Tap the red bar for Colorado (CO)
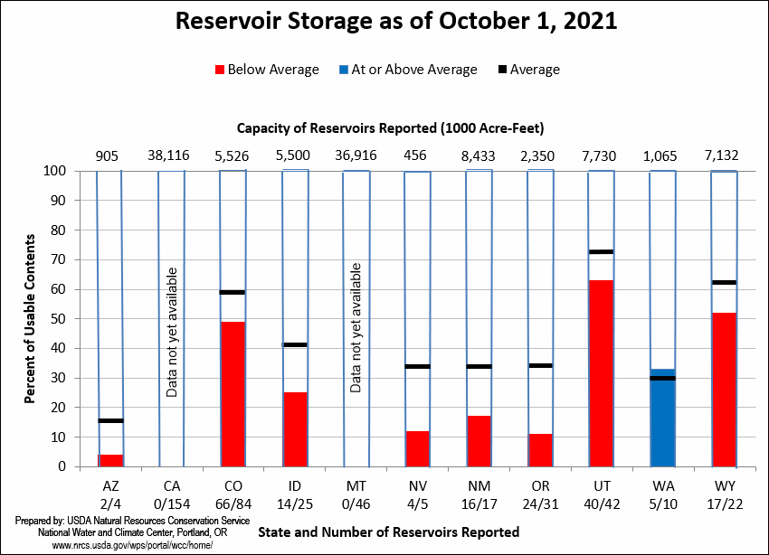(233, 394)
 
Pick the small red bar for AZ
(110, 460)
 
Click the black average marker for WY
(724, 282)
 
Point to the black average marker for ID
(295, 344)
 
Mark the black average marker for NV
(417, 366)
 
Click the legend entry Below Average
(266, 70)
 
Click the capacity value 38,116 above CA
(171, 155)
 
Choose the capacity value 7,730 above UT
(601, 155)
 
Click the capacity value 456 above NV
(417, 155)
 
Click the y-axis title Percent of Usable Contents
(31, 318)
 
